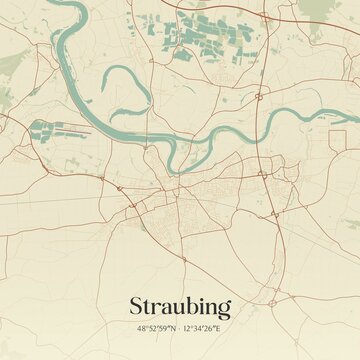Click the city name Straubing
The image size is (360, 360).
(180, 306)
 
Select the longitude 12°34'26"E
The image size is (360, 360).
(206, 327)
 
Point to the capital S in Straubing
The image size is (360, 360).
(135, 305)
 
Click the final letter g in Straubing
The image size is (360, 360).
(224, 308)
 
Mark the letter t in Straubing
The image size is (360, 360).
(147, 305)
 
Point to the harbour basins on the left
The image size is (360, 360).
(55, 129)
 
